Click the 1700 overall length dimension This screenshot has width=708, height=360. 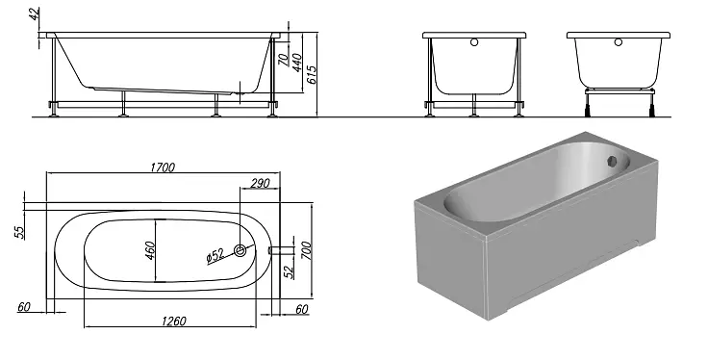coord(163,167)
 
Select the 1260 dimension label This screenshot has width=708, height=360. coord(174,321)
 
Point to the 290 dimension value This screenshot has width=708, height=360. coord(260,183)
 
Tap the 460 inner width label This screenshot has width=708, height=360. coord(150,250)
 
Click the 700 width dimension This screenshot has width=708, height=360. coord(306,250)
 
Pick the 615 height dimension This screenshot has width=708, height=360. coord(312,75)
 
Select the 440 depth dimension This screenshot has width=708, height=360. coord(296,63)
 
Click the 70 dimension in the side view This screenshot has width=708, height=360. coord(283,59)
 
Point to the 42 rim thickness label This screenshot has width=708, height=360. coord(35,14)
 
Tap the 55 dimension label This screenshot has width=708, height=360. coord(20,232)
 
